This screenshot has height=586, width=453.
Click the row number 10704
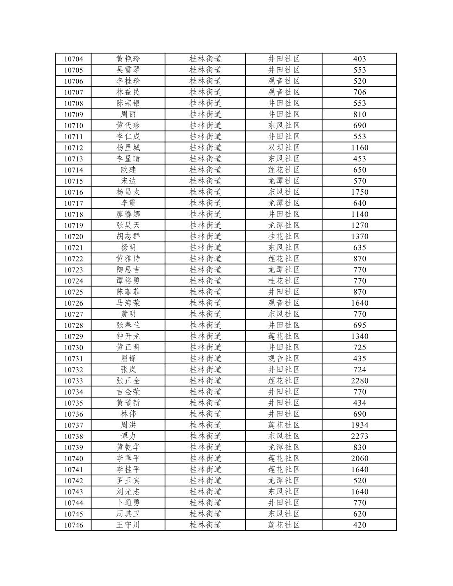[x=73, y=59]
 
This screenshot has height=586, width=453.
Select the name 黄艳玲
[x=128, y=59]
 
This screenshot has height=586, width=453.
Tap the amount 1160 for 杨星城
[x=360, y=148]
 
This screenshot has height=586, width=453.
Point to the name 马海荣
[x=128, y=303]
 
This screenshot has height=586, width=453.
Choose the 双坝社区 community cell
[x=284, y=148]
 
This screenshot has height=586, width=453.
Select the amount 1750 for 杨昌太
[x=360, y=192]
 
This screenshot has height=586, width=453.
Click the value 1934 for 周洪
[x=360, y=425]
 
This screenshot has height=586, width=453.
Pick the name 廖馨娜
[x=128, y=214]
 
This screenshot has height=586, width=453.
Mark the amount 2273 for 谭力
[x=360, y=436]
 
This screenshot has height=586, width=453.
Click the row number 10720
[x=73, y=236]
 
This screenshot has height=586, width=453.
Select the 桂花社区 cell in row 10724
[x=284, y=281]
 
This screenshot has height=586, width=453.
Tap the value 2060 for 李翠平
[x=360, y=459]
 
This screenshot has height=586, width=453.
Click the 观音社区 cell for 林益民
[x=284, y=92]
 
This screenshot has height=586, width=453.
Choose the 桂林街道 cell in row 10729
[x=205, y=336]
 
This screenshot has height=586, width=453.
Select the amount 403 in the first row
[x=360, y=59]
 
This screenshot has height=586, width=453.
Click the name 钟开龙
[x=128, y=336]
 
